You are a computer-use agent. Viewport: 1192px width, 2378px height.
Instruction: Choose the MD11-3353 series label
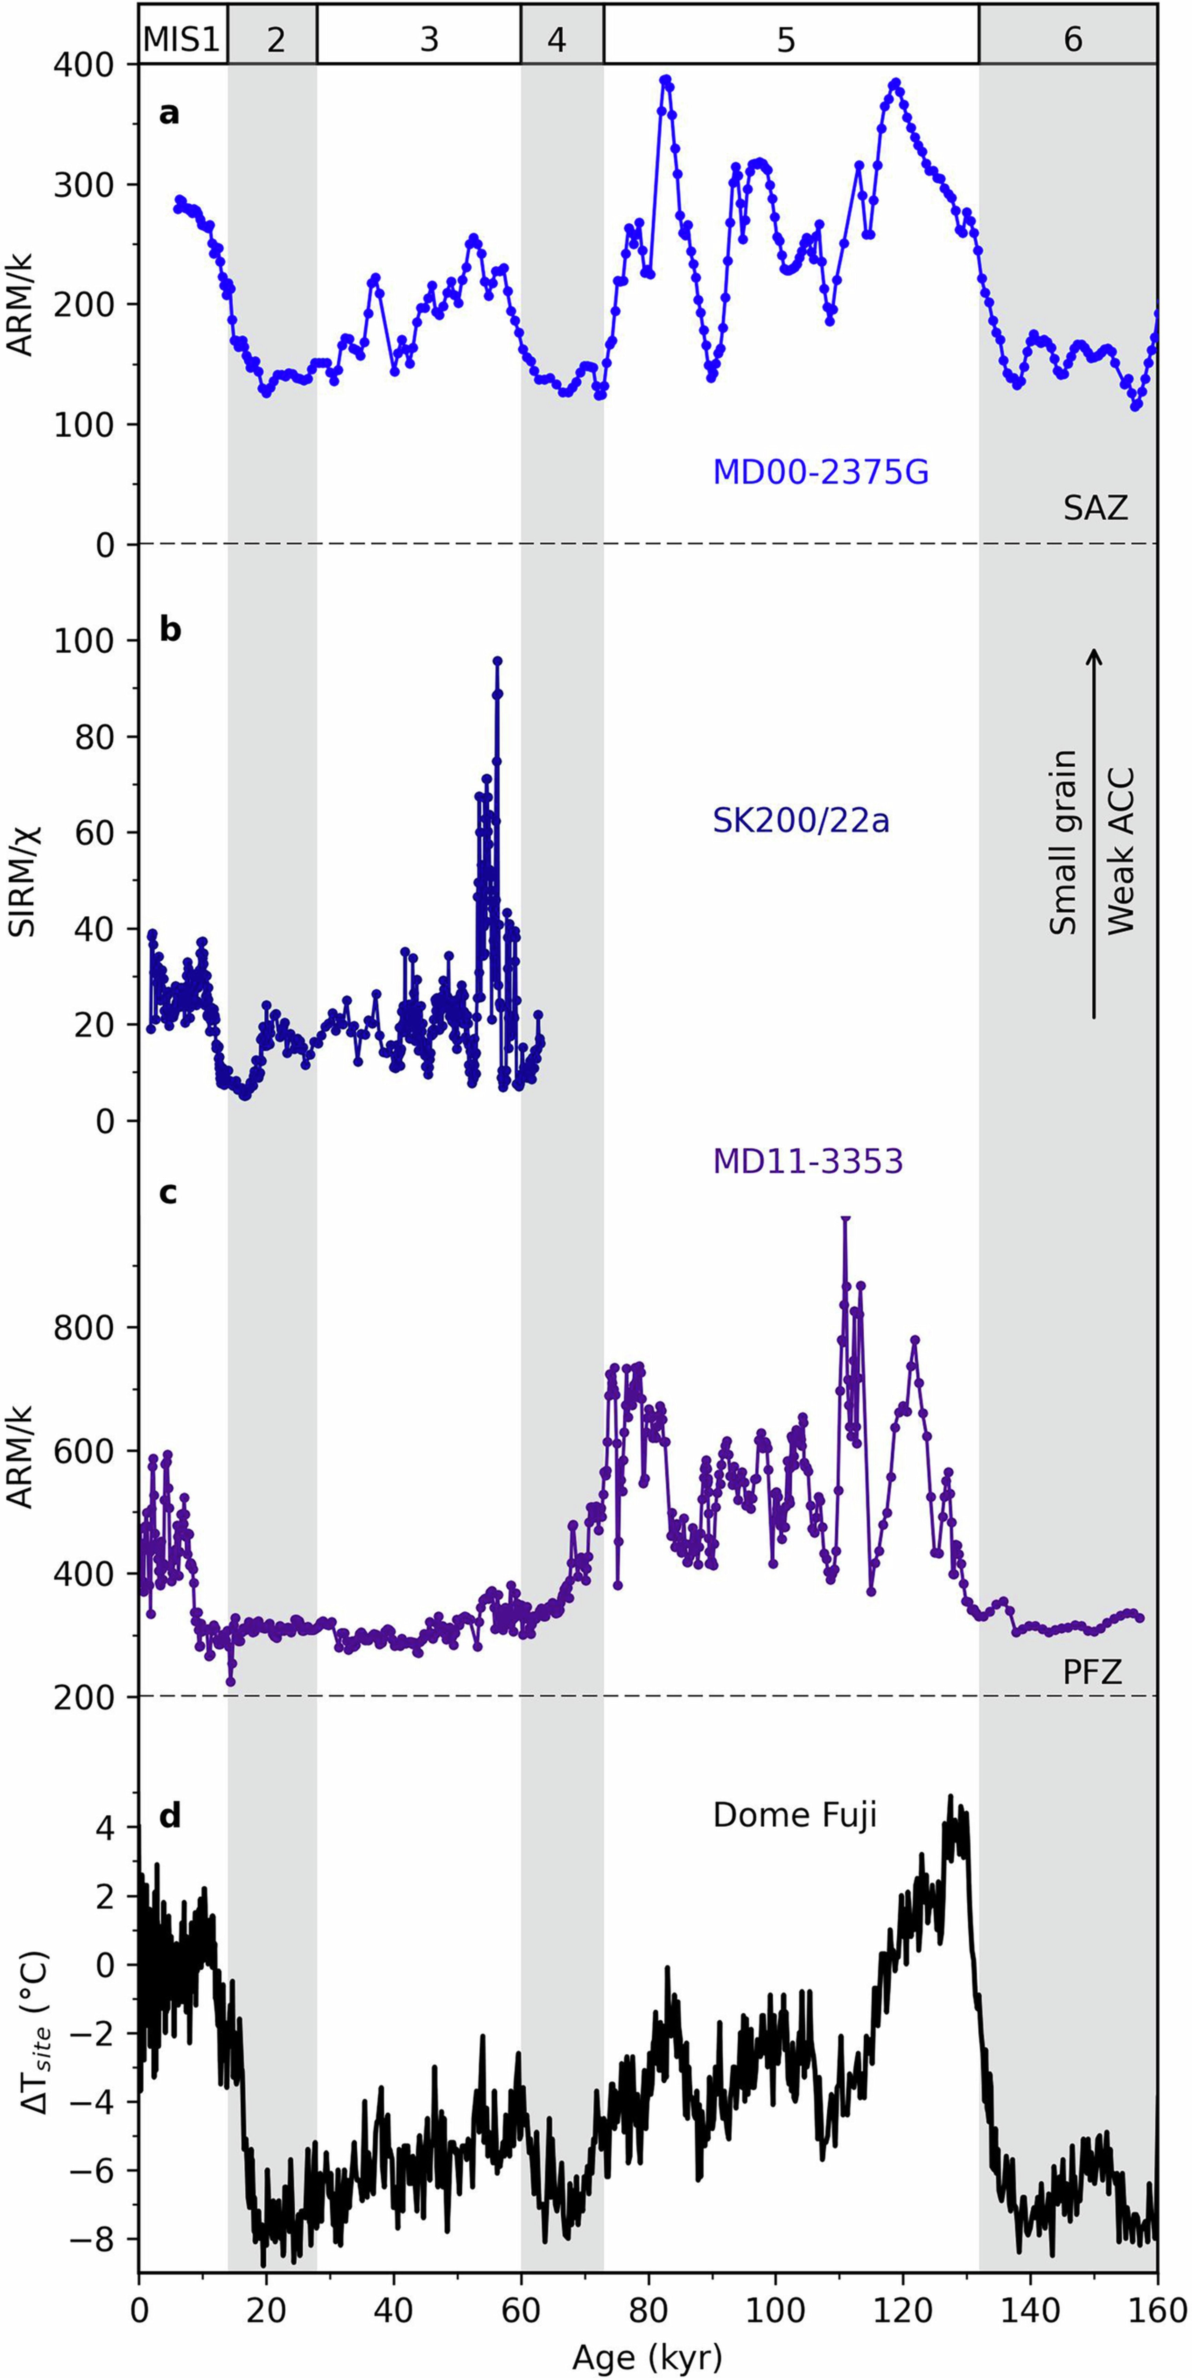(807, 1160)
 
